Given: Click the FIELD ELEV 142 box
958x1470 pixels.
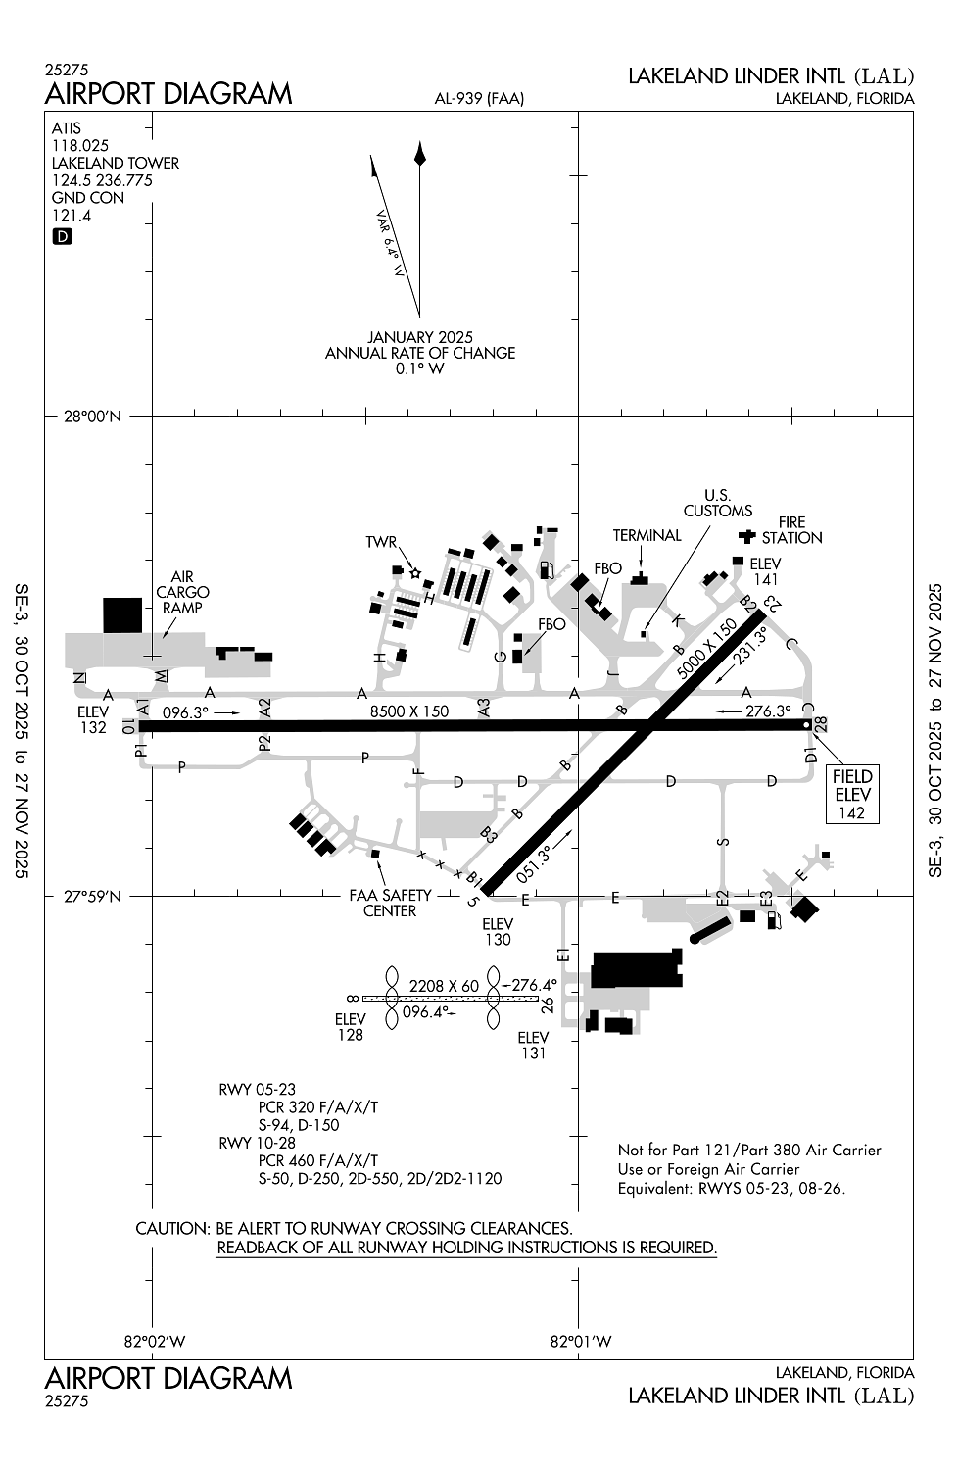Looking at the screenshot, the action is pyautogui.click(x=851, y=794).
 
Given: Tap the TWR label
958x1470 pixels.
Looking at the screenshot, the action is pyautogui.click(x=381, y=542).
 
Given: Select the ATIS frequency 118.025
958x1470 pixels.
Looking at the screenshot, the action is pyautogui.click(x=80, y=146).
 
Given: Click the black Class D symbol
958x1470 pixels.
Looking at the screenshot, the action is pyautogui.click(x=62, y=237).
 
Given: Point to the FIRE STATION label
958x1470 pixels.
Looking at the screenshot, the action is pyautogui.click(x=791, y=530).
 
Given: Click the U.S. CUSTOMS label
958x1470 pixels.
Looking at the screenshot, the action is pyautogui.click(x=718, y=503).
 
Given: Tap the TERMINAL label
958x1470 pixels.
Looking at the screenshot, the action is pyautogui.click(x=647, y=535).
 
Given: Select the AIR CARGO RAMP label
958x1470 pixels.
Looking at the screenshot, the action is pyautogui.click(x=182, y=592).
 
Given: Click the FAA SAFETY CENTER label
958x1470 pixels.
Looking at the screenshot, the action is pyautogui.click(x=391, y=903).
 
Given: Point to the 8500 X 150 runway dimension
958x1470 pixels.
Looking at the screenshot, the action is pyautogui.click(x=409, y=711).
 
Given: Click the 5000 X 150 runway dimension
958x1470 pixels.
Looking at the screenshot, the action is pyautogui.click(x=706, y=650).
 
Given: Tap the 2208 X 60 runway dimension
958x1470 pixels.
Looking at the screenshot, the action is pyautogui.click(x=444, y=986).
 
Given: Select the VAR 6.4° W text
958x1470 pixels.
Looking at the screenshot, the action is pyautogui.click(x=389, y=243).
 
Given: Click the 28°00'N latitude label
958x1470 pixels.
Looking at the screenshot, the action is pyautogui.click(x=92, y=416).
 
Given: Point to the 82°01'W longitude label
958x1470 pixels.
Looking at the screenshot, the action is pyautogui.click(x=581, y=1342).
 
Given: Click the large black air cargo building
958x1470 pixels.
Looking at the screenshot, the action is pyautogui.click(x=122, y=614).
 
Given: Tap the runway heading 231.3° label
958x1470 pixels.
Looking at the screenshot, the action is pyautogui.click(x=750, y=647).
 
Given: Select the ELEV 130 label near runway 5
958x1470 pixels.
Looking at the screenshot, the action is pyautogui.click(x=498, y=932).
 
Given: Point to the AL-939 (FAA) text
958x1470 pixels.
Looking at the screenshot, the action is pyautogui.click(x=479, y=98).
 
